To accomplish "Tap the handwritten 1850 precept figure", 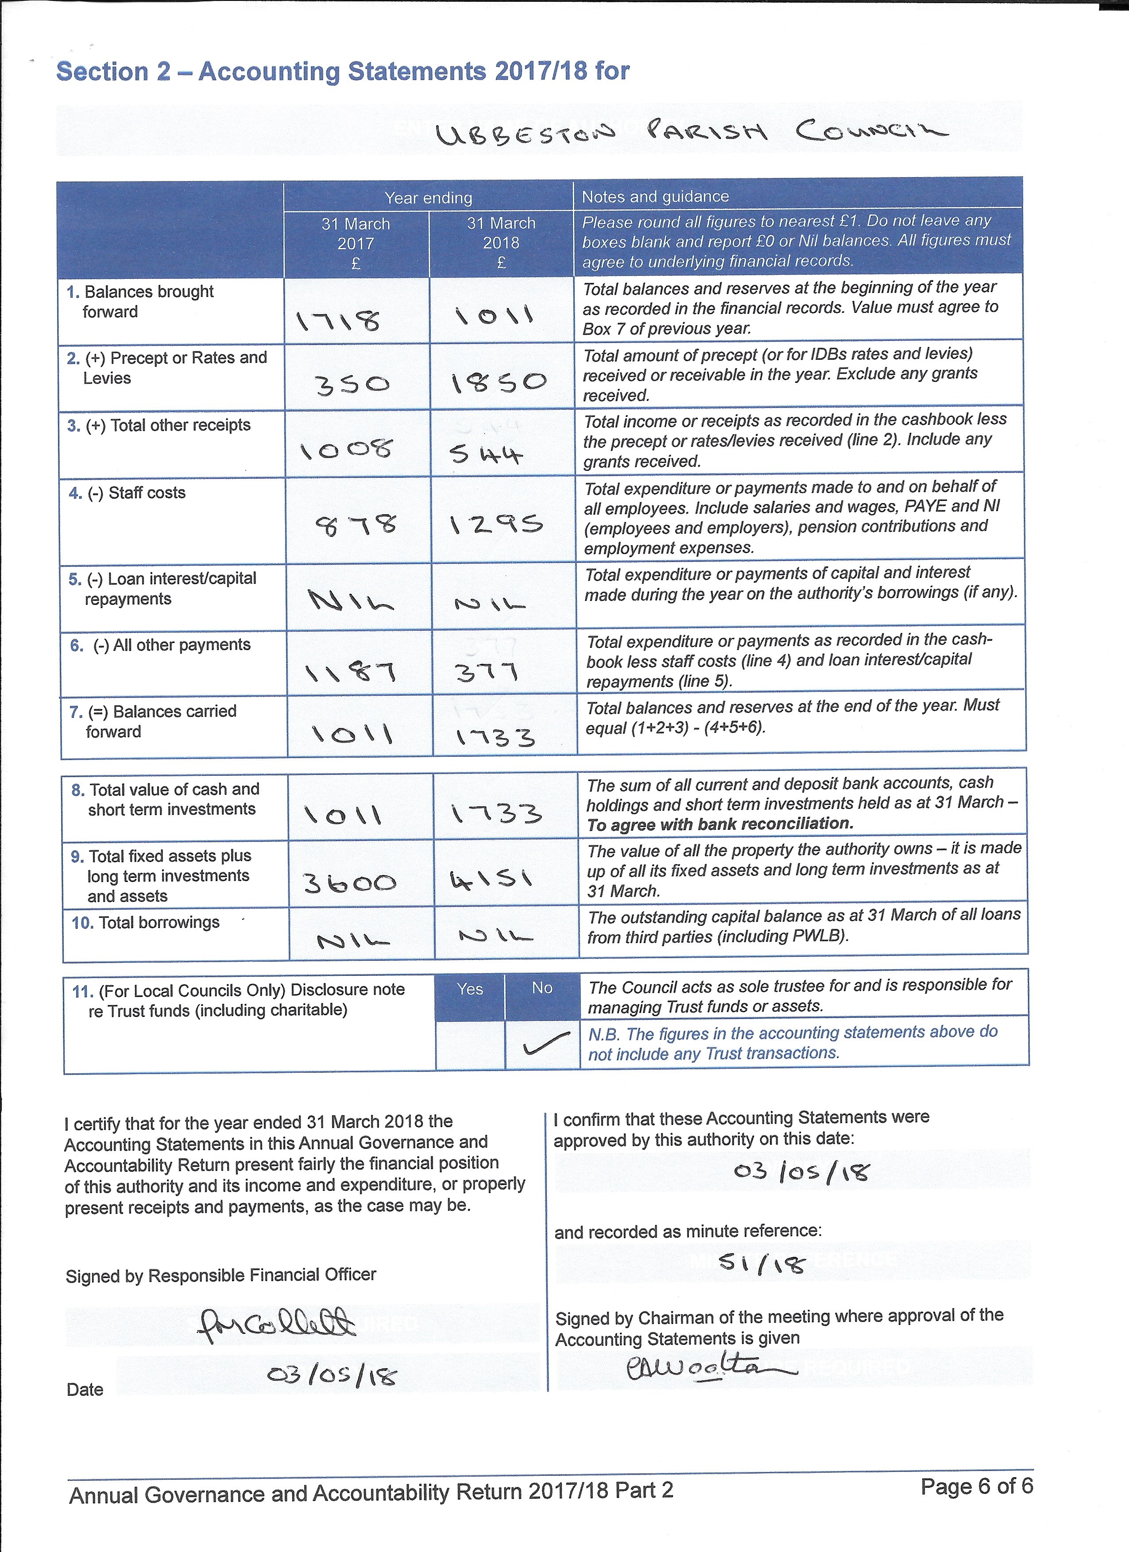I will (x=499, y=382).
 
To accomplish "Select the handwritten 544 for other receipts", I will (x=487, y=453).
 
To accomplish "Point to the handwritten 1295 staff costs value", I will (x=496, y=525).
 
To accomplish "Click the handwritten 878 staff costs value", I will (x=356, y=526).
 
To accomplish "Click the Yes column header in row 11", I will (x=470, y=989).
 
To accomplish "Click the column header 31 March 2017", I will (x=356, y=243).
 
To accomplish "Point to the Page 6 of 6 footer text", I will (x=976, y=1487).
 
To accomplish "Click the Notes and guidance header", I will (x=655, y=197).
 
